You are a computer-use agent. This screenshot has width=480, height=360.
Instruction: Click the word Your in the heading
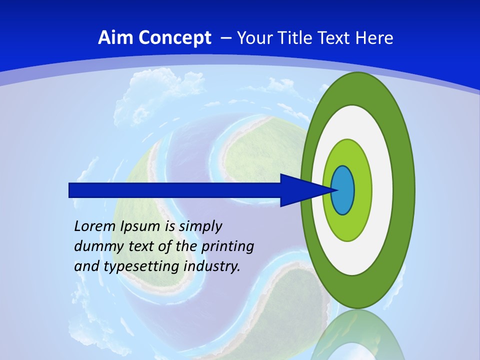click(x=251, y=38)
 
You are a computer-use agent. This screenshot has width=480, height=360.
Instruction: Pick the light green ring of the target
click(x=362, y=190)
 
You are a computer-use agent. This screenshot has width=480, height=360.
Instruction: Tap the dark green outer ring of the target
click(x=403, y=190)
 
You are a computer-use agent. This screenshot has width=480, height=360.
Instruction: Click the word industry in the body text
click(x=212, y=266)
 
